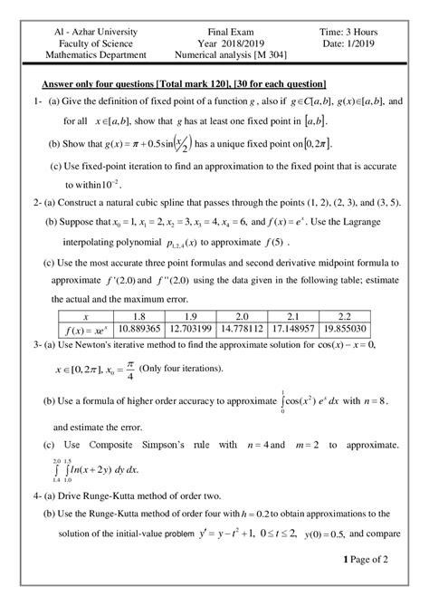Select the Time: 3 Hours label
348,31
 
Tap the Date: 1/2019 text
348,43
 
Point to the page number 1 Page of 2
366,584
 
